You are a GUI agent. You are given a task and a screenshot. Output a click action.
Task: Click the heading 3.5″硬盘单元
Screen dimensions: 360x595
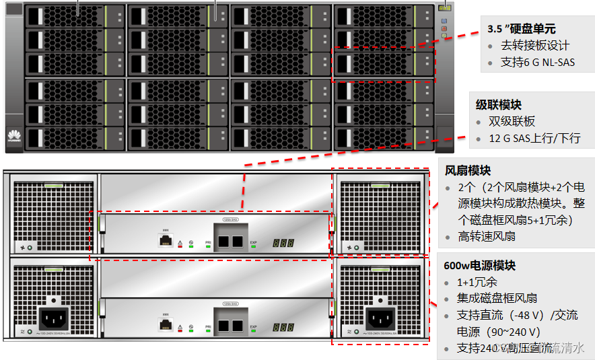[521, 28]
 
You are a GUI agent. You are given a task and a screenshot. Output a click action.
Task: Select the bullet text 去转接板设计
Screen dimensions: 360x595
[535, 46]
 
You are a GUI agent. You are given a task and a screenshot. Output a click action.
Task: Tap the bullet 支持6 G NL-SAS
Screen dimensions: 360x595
[537, 63]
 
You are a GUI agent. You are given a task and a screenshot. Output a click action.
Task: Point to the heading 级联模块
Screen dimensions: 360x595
[499, 104]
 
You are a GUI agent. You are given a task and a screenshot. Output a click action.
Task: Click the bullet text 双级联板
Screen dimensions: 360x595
[512, 121]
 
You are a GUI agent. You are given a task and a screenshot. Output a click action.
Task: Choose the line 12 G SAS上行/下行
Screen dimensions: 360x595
[534, 139]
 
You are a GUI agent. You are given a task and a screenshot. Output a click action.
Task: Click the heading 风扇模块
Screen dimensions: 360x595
[468, 170]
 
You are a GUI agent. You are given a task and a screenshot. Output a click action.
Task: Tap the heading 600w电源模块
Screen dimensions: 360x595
[479, 265]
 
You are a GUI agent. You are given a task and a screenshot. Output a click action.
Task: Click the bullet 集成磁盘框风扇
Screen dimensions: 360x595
[497, 299]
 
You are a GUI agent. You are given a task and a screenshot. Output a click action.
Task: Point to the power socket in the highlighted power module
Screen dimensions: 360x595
[380, 317]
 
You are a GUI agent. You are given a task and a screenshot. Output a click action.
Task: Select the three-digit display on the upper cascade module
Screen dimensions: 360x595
[282, 242]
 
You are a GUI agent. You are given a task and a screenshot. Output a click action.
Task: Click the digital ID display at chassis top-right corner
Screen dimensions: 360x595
[444, 9]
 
